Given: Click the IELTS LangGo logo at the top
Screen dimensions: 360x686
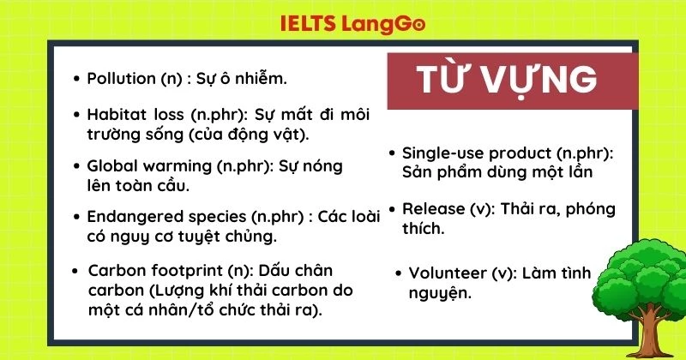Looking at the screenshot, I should pos(352,24).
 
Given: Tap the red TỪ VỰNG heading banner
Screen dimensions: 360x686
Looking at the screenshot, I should pos(506,80).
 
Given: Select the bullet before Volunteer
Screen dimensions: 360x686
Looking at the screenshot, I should pos(399,273).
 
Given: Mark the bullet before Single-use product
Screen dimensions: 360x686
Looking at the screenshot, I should pos(392,153).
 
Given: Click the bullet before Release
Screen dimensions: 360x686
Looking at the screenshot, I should pos(392,209).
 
